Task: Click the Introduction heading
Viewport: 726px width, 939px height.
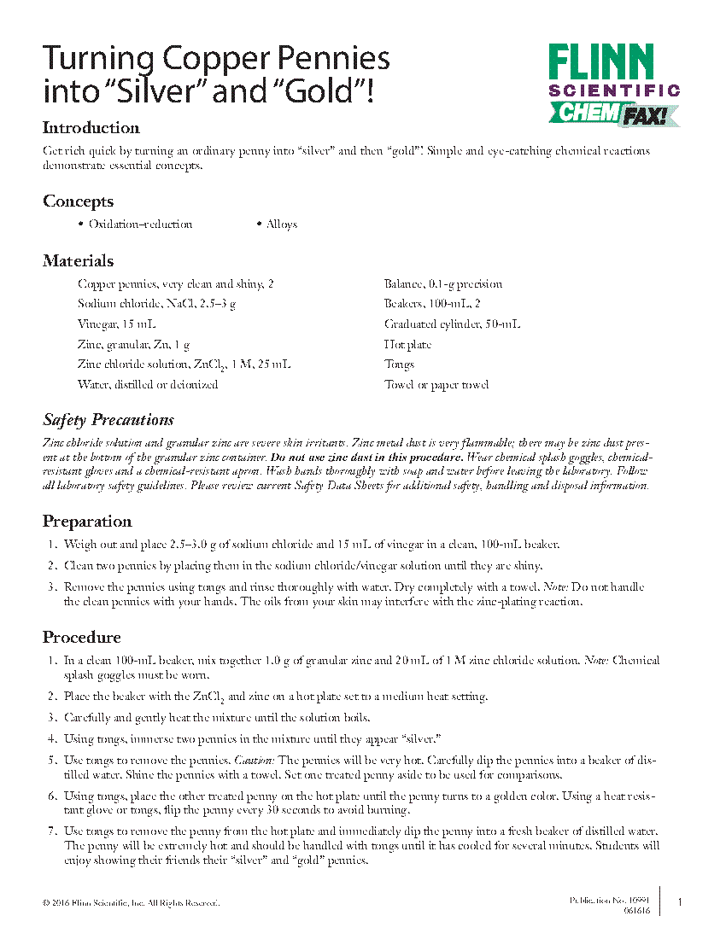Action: pos(91,128)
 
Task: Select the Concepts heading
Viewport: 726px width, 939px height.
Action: pos(78,201)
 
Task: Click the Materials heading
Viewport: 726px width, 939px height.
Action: pos(78,261)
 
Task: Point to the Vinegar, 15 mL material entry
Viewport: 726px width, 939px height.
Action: pos(116,324)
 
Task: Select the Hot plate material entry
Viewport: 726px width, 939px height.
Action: pos(407,345)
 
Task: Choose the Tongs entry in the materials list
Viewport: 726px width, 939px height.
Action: pos(399,365)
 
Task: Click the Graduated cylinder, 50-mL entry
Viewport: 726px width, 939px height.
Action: pos(452,324)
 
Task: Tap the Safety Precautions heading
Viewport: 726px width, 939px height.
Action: pos(108,420)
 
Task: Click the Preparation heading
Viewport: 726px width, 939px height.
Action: pos(87,522)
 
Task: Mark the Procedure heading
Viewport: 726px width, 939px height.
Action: pos(82,638)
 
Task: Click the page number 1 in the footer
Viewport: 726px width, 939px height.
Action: pos(679,902)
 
